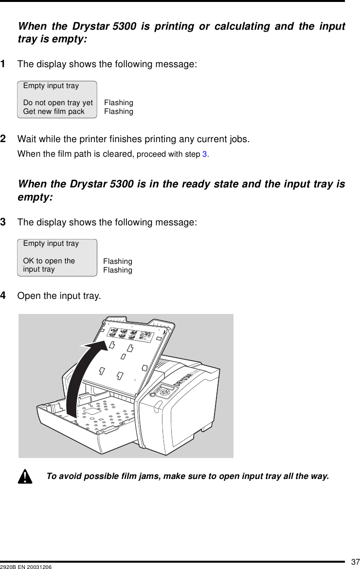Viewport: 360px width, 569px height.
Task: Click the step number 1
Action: coord(17,64)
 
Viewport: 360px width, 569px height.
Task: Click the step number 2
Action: coord(17,140)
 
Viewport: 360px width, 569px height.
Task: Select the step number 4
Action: coord(17,295)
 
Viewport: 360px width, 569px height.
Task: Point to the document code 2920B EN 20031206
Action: coord(26,566)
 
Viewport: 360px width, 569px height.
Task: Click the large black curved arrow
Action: coord(85,375)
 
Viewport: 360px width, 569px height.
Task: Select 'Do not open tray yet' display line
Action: coord(58,103)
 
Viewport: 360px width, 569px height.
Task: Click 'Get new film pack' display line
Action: coord(54,111)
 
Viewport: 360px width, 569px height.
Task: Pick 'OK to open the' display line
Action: coord(49,261)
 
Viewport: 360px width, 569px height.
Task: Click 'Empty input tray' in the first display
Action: coord(51,86)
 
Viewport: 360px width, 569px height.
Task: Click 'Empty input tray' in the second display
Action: coord(51,243)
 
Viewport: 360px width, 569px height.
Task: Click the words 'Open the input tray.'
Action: coord(59,296)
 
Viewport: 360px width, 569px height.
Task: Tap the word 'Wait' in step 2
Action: coord(27,140)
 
